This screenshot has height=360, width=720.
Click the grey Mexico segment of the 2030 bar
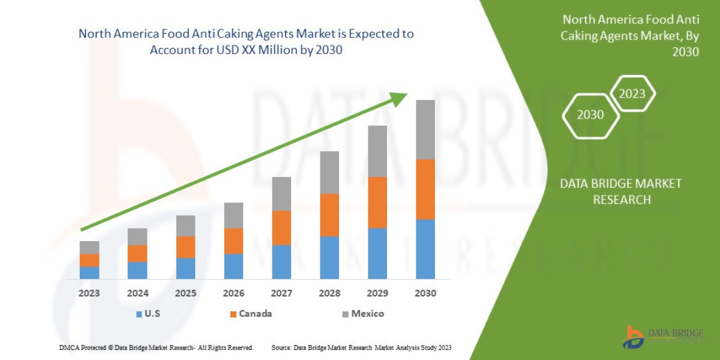pos(425,129)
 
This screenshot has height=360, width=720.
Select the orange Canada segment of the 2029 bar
pos(377,202)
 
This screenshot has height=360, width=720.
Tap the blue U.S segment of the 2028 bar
pos(329,257)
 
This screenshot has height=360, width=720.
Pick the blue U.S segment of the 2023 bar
pos(89,272)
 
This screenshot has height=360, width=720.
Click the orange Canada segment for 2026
pos(233,241)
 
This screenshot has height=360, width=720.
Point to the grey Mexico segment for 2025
pos(185,226)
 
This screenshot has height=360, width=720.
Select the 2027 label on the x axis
pos(281,294)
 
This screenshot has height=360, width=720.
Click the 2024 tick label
pos(137,294)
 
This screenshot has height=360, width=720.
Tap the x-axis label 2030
pos(425,294)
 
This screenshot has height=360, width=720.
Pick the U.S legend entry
pos(149,314)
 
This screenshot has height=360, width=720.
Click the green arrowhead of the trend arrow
pos(398,99)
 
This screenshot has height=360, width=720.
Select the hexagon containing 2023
pos(632,94)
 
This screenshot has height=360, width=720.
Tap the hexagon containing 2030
pos(590,115)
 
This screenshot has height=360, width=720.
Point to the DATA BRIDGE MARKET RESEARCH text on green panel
pos(621,191)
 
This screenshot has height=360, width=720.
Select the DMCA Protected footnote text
pos(156,347)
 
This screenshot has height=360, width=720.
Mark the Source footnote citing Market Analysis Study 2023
pos(361,347)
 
